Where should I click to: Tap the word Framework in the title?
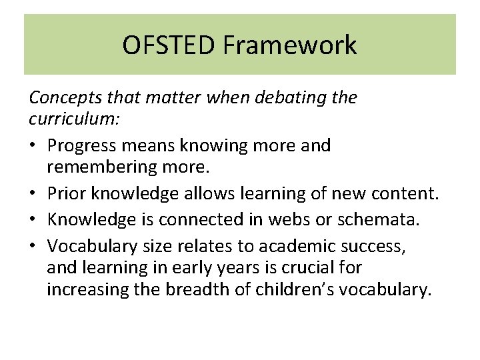(289, 45)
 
